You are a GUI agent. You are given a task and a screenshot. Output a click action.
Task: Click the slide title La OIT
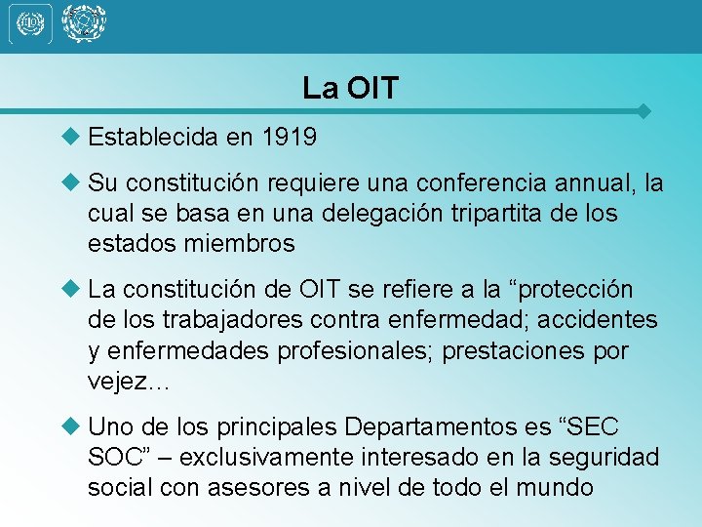351,89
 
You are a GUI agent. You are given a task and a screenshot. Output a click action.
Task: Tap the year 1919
289,138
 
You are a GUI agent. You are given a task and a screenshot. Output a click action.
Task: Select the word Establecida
153,138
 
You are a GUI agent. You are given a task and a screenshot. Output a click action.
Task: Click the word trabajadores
227,320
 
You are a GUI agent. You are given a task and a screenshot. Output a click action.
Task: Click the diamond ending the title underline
643,111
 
